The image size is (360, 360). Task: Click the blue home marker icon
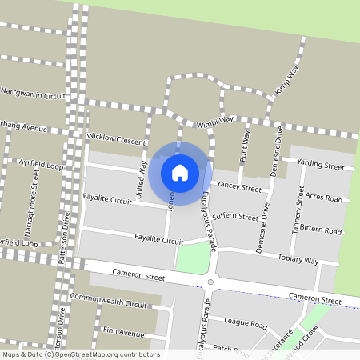coord(180,172)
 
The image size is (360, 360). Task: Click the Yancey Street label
coord(239,189)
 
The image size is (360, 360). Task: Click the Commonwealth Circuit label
coord(109,305)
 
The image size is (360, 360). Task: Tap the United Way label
coord(143,179)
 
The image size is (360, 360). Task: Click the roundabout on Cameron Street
coord(211,281)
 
